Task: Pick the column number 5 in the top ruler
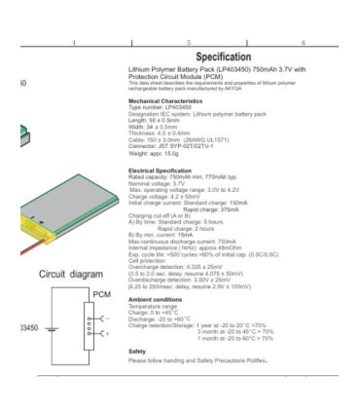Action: (188, 43)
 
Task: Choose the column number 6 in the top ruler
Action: (303, 43)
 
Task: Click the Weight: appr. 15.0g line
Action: (157, 153)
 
